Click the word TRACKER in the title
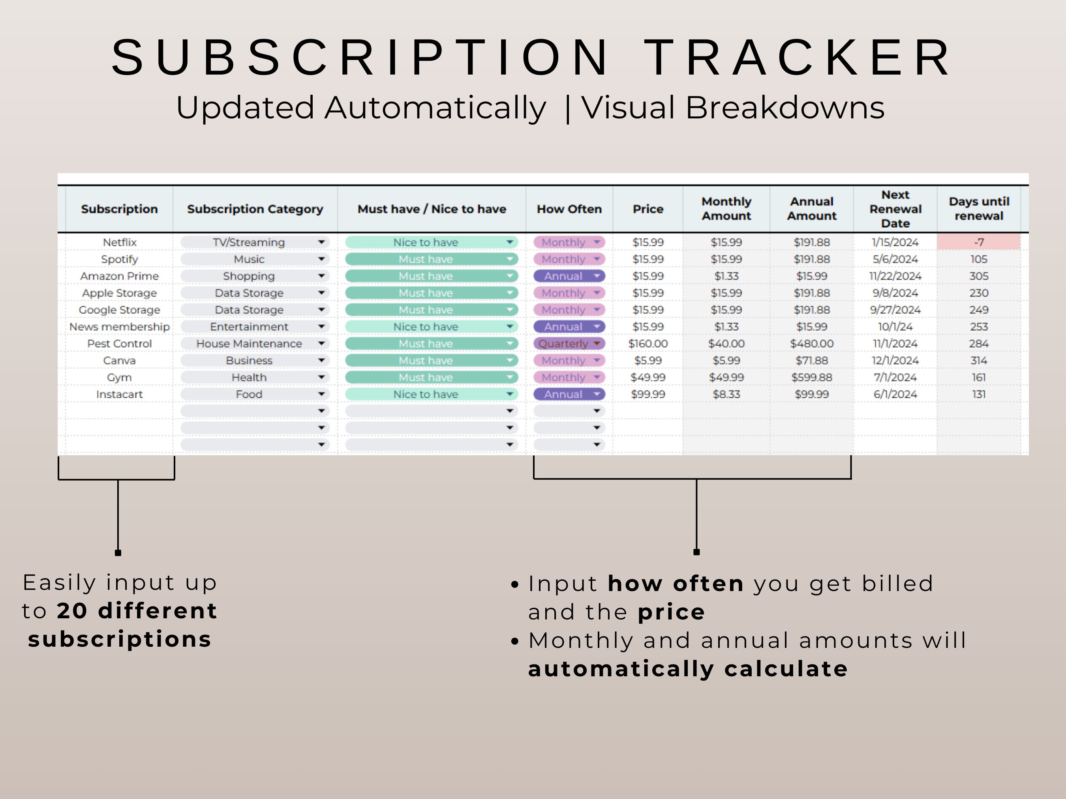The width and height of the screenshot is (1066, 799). point(798,57)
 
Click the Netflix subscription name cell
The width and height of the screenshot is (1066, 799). point(120,242)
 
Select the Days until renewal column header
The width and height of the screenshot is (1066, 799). point(979,209)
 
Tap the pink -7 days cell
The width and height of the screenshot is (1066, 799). point(978,242)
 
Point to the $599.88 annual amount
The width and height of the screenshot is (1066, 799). point(812,378)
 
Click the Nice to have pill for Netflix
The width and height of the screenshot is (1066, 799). point(426,242)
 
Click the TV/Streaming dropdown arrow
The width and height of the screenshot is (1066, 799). point(321,242)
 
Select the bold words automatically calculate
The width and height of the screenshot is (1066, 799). point(688,669)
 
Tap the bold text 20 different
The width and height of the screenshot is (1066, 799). point(137,611)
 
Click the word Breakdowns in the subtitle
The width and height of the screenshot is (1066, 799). point(785,107)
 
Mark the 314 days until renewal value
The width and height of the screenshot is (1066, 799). point(978,361)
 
